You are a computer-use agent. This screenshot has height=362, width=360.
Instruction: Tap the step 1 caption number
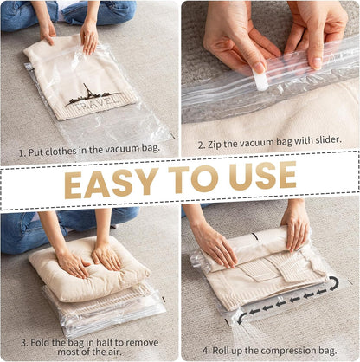[x=22, y=150]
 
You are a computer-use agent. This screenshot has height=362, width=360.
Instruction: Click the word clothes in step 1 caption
[x=65, y=150]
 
